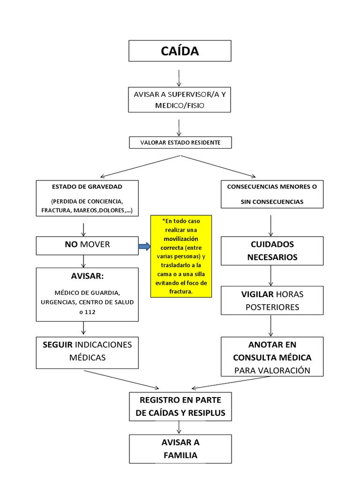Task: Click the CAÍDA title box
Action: pyautogui.click(x=180, y=51)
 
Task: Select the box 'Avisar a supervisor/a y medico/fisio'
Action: pyautogui.click(x=180, y=100)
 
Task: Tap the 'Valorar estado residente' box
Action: pyautogui.click(x=180, y=142)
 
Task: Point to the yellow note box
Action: pyautogui.click(x=181, y=256)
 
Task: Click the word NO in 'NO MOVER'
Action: pyautogui.click(x=71, y=244)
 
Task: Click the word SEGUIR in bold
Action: pyautogui.click(x=57, y=345)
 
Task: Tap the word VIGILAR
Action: pyautogui.click(x=257, y=294)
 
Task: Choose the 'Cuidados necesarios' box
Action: pyautogui.click(x=272, y=251)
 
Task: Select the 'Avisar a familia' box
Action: pyautogui.click(x=180, y=449)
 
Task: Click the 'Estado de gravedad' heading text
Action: pyautogui.click(x=87, y=187)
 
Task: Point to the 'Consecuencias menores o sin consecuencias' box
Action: pyautogui.click(x=272, y=194)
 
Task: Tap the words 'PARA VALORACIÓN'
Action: pyautogui.click(x=272, y=370)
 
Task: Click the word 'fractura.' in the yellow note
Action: pyautogui.click(x=181, y=292)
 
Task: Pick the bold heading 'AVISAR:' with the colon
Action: pyautogui.click(x=87, y=276)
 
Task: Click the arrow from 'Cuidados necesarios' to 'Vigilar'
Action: pyautogui.click(x=271, y=277)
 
